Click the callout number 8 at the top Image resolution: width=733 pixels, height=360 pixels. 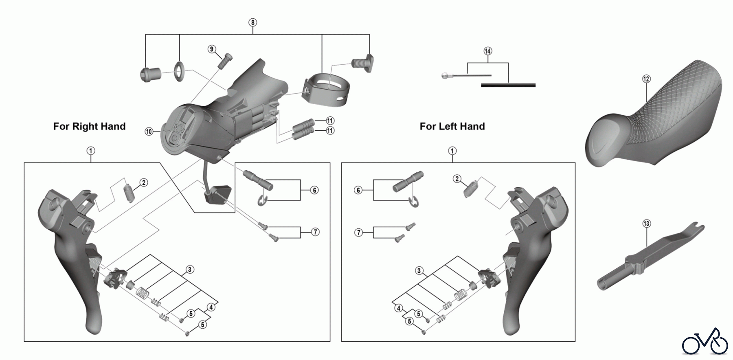(253, 22)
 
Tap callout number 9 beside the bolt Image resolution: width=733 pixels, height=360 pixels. (211, 49)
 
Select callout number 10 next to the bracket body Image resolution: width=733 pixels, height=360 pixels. (149, 132)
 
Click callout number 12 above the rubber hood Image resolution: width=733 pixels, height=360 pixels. (646, 79)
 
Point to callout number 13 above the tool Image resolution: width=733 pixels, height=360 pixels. (647, 224)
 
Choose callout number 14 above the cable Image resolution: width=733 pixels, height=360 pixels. (487, 51)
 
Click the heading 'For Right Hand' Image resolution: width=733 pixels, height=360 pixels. (89, 126)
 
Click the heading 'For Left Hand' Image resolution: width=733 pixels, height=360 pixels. (452, 126)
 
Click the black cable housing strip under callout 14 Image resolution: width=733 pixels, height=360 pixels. (508, 85)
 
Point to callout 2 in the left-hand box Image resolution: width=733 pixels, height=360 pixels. (457, 179)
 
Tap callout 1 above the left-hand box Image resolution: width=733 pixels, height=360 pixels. (452, 151)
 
